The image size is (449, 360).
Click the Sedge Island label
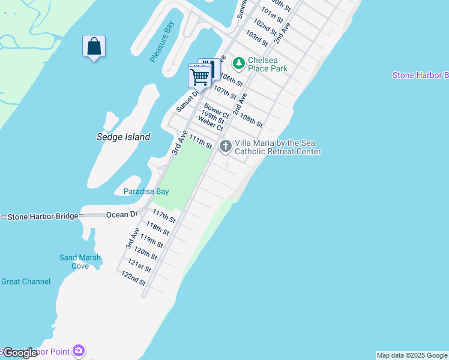[123, 137]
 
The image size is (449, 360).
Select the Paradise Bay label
[146, 191]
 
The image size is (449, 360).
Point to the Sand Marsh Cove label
[80, 262]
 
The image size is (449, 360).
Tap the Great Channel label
[26, 281]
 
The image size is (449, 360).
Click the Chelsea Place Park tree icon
[239, 62]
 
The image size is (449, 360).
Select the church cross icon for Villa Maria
[226, 146]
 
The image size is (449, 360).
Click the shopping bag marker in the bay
[94, 47]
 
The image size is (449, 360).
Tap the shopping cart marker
[199, 76]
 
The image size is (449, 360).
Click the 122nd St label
[133, 277]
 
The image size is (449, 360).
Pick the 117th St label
[164, 216]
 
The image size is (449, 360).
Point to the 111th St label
[200, 142]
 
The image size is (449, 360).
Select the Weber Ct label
[211, 124]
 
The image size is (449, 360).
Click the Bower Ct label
[216, 110]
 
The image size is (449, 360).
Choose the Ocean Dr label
[122, 214]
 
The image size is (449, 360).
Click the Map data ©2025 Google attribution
[412, 355]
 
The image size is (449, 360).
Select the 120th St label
[145, 254]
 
